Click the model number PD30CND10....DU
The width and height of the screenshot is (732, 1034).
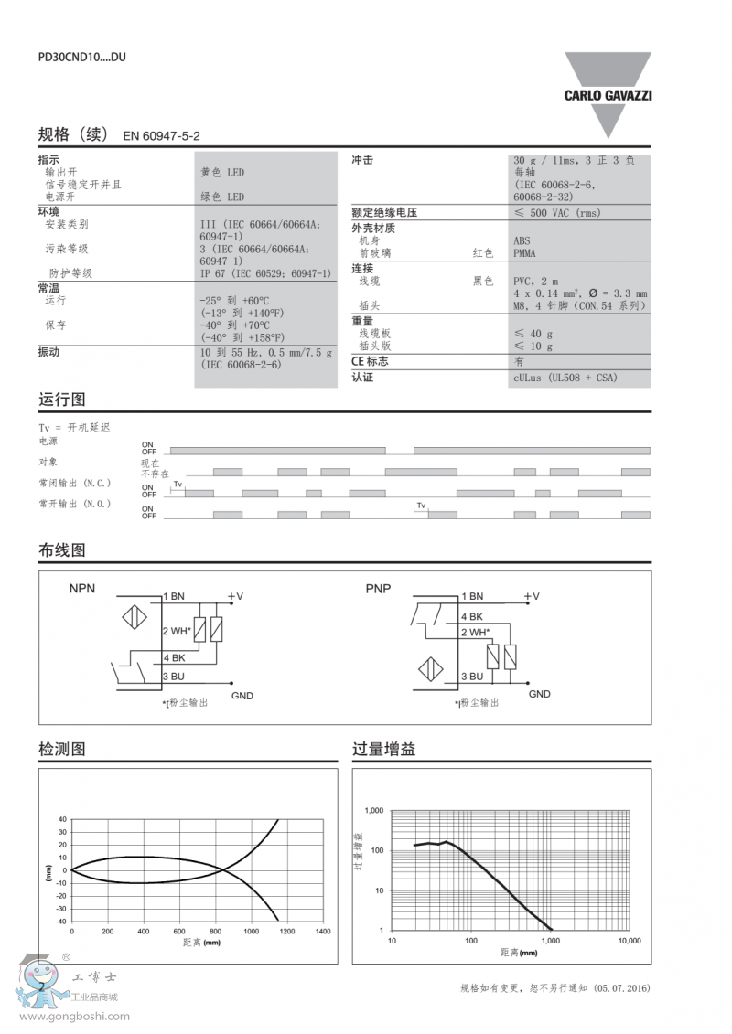pyautogui.click(x=81, y=57)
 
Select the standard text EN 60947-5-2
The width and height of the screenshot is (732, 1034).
pyautogui.click(x=161, y=135)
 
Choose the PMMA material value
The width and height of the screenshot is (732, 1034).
pyautogui.click(x=525, y=253)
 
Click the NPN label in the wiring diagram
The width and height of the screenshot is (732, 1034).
pyautogui.click(x=82, y=589)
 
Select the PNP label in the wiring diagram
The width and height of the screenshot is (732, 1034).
pyautogui.click(x=378, y=589)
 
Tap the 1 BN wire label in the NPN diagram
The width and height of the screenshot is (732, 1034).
pyautogui.click(x=174, y=596)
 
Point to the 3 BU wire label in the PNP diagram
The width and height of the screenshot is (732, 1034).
pyautogui.click(x=471, y=676)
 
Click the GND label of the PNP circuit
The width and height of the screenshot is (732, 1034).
pyautogui.click(x=540, y=694)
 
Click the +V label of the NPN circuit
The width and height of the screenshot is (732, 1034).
pyautogui.click(x=235, y=596)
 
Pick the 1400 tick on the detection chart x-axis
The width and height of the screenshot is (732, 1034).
pyautogui.click(x=322, y=931)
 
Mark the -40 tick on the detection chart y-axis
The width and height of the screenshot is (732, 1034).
pyautogui.click(x=61, y=922)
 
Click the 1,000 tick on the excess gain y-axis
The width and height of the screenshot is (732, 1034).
pyautogui.click(x=373, y=811)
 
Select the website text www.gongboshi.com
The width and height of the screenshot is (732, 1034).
pyautogui.click(x=75, y=1016)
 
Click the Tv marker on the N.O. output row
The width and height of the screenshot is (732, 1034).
pyautogui.click(x=421, y=506)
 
